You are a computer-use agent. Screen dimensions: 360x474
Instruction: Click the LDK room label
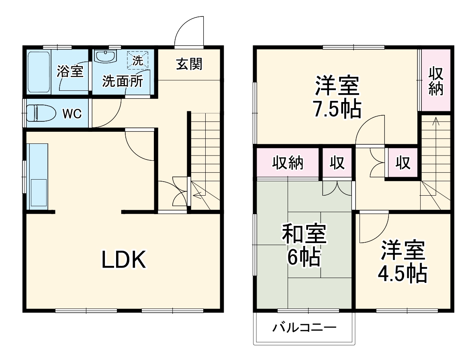pyautogui.click(x=123, y=260)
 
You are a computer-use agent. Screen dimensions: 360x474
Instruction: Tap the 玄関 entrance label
pyautogui.click(x=189, y=64)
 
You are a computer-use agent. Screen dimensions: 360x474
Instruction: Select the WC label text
pyautogui.click(x=72, y=114)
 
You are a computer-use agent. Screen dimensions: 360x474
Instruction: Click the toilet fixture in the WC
pyautogui.click(x=41, y=113)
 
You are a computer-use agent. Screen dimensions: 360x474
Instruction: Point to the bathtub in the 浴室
pyautogui.click(x=39, y=72)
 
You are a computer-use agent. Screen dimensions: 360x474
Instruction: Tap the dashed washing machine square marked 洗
pyautogui.click(x=138, y=61)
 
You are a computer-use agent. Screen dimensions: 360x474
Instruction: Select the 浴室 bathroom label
pyautogui.click(x=70, y=72)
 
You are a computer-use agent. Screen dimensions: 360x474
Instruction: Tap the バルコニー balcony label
pyautogui.click(x=304, y=328)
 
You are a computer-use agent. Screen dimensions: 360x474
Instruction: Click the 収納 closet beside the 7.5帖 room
pyautogui.click(x=435, y=80)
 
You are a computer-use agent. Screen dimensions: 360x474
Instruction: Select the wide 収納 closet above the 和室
pyautogui.click(x=288, y=163)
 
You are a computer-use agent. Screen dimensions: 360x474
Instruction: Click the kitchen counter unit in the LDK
pyautogui.click(x=37, y=177)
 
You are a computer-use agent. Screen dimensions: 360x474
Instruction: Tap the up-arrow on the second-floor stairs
pyautogui.click(x=436, y=121)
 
